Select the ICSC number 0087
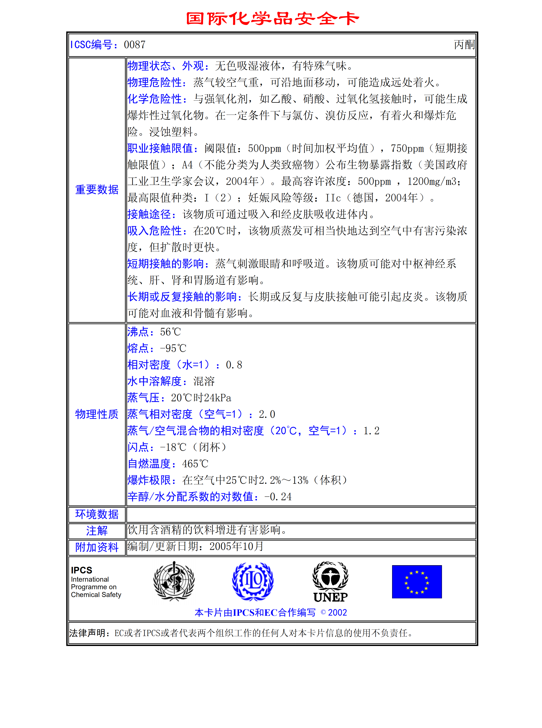[x=135, y=45]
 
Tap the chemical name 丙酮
[x=464, y=45]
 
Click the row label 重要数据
[x=97, y=190]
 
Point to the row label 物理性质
[x=97, y=414]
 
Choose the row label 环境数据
[x=97, y=514]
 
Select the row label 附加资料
[x=97, y=547]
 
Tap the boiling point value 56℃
[x=171, y=332]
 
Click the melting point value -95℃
[x=173, y=348]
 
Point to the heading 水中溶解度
[x=154, y=381]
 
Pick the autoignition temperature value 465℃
[x=195, y=464]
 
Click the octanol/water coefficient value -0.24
[x=278, y=497]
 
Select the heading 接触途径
[x=149, y=214]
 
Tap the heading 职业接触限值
[x=160, y=148]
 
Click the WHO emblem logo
[x=174, y=581]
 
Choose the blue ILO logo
[x=253, y=581]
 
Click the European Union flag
[x=417, y=582]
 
